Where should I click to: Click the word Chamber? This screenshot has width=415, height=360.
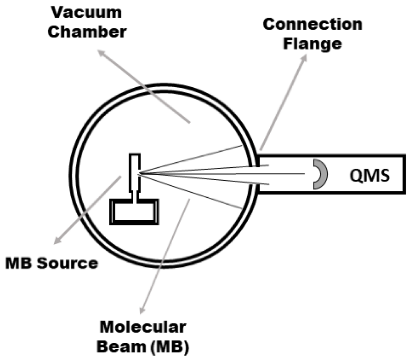click(87, 32)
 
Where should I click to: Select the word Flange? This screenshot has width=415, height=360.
click(312, 44)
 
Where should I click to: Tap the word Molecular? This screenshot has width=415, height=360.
click(143, 327)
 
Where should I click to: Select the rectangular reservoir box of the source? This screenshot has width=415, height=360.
click(134, 211)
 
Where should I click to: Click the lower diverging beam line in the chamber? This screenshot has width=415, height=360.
click(193, 190)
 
